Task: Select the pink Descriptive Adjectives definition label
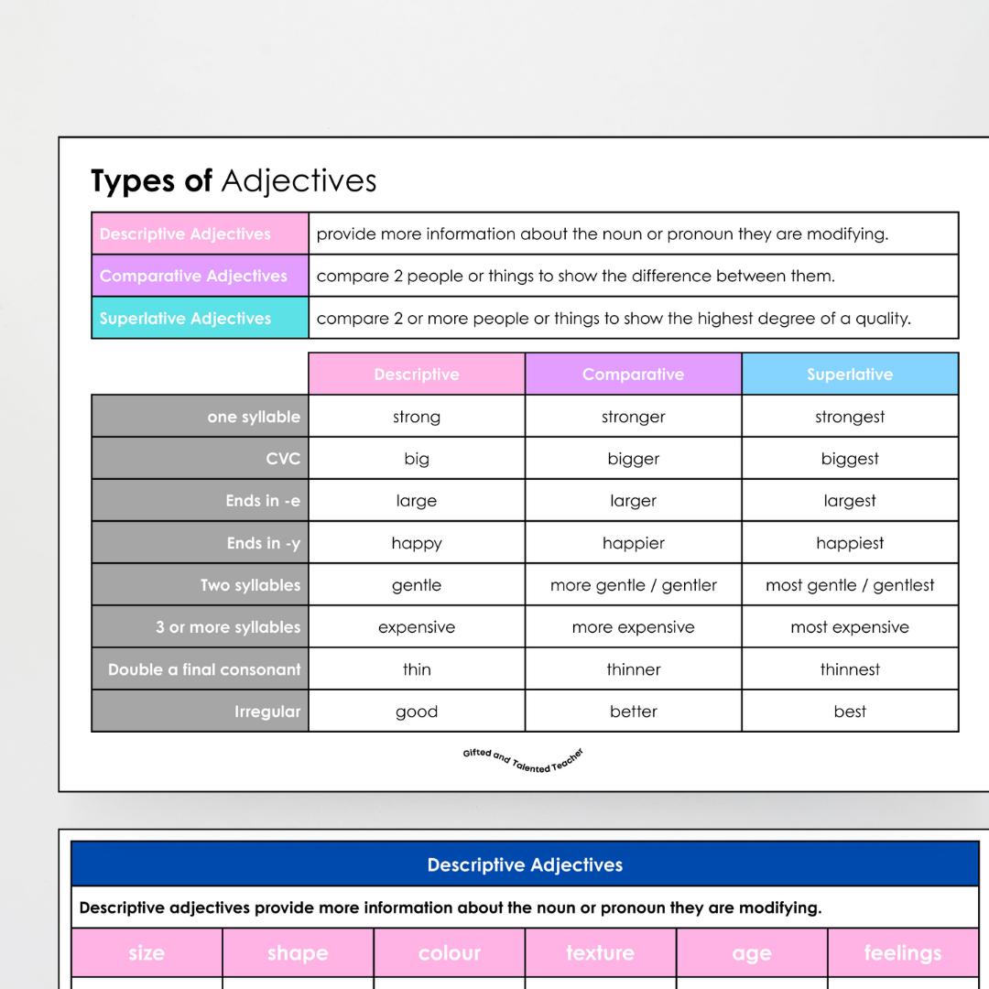pos(200,234)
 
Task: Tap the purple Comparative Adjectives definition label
pos(200,276)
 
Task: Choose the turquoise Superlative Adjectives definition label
pos(200,318)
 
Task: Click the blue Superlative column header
pos(850,374)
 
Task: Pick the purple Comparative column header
pos(633,374)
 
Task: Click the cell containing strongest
pos(850,417)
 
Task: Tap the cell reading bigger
pos(633,459)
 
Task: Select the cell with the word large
pos(417,501)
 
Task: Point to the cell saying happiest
pos(850,543)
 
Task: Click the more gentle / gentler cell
pos(633,585)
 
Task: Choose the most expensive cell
pos(850,627)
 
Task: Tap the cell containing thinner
pos(633,669)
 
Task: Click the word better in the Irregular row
pos(633,712)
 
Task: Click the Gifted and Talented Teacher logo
pos(523,760)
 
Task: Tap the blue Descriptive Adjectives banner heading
pos(525,864)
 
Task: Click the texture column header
pos(600,952)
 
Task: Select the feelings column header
pos(902,952)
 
